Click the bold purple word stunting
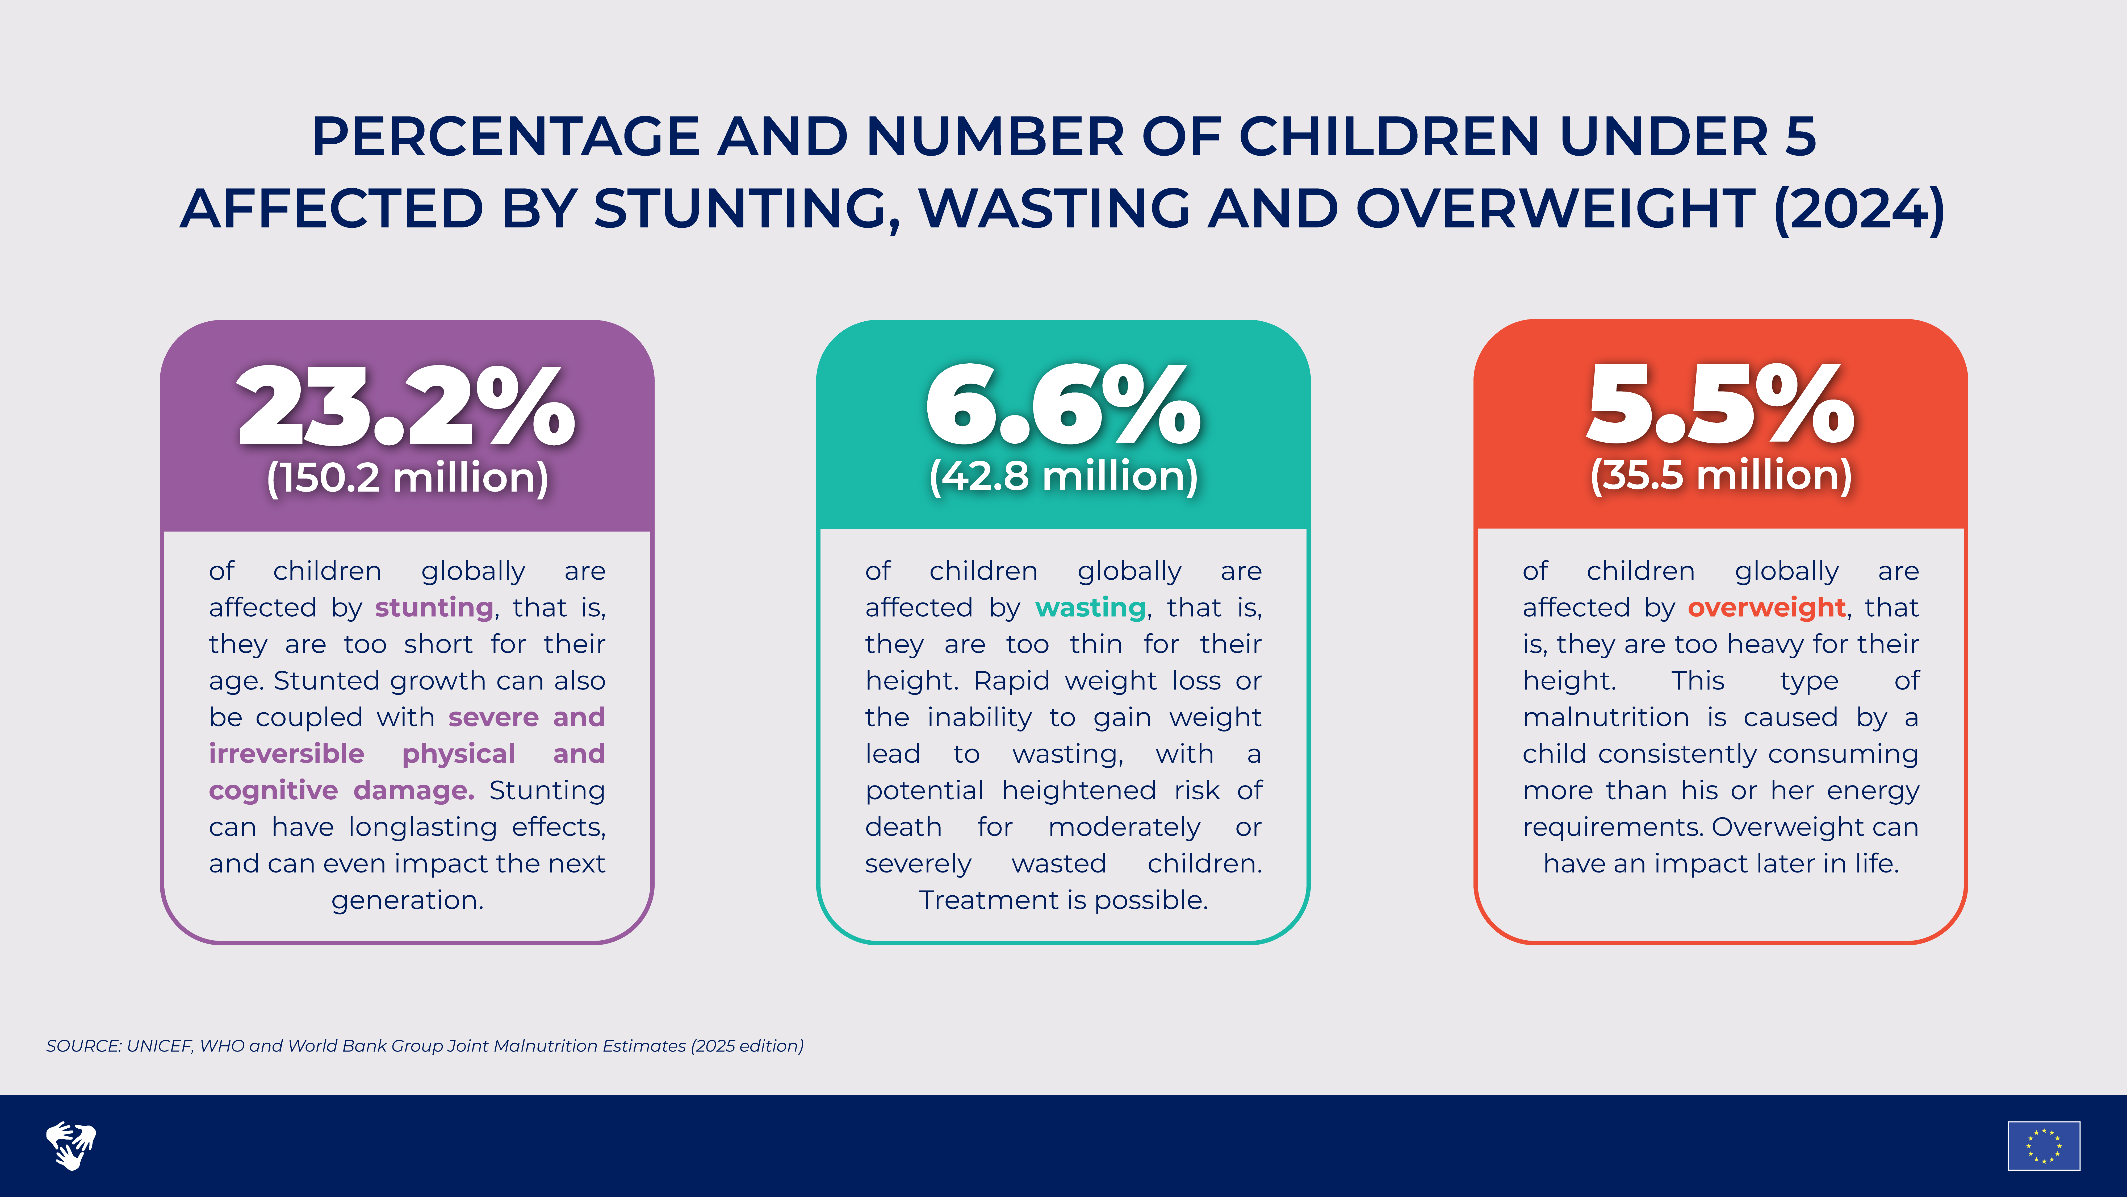(x=434, y=607)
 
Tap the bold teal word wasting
(x=1090, y=607)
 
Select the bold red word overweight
(x=1766, y=607)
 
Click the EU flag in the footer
(x=2044, y=1146)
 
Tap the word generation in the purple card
(x=407, y=900)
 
